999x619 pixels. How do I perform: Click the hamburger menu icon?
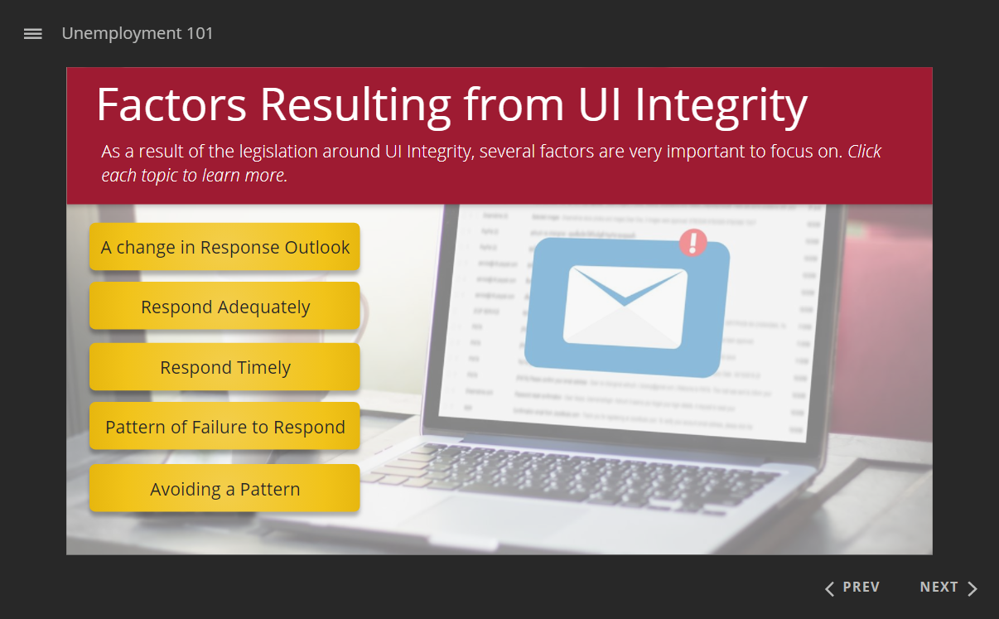click(x=33, y=34)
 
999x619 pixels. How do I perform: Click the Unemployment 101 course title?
click(x=138, y=34)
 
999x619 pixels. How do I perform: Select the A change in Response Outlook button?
click(x=224, y=247)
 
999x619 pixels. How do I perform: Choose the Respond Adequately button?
click(x=224, y=307)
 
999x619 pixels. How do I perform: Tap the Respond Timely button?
click(x=224, y=367)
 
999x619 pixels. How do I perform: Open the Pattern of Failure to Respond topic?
click(x=224, y=427)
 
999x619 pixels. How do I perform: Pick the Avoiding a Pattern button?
click(x=224, y=489)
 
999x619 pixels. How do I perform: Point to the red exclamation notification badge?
click(x=693, y=243)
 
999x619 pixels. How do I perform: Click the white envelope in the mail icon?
click(x=625, y=307)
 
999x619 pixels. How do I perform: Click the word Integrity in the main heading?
click(x=721, y=105)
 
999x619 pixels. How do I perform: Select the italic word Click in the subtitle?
click(x=864, y=152)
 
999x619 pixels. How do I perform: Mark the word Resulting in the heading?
click(x=356, y=105)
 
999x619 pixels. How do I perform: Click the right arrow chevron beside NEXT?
click(x=972, y=588)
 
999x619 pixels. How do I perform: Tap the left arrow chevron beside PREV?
click(x=829, y=588)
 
